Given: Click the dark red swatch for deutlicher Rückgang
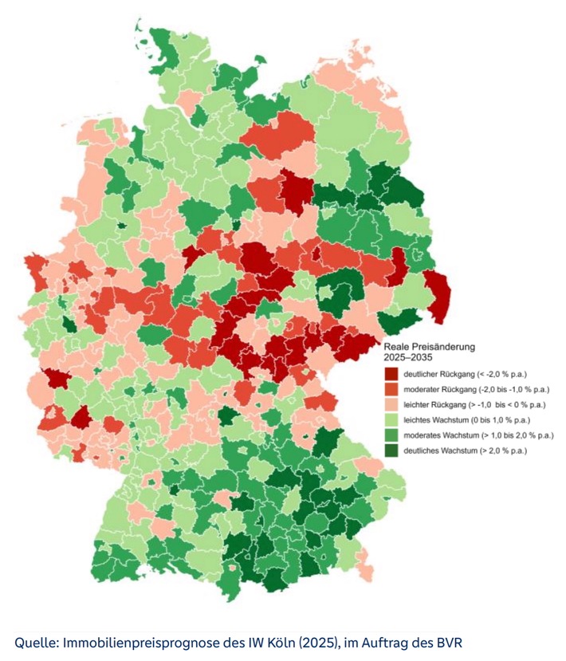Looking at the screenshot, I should [x=391, y=374].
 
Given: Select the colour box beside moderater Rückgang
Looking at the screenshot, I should [x=391, y=389].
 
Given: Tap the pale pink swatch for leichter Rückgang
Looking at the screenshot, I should [x=391, y=404].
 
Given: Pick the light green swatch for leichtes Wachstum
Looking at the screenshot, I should [x=391, y=419].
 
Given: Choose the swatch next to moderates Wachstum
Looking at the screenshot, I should [x=391, y=435].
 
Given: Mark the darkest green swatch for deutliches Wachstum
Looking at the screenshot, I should [x=391, y=451].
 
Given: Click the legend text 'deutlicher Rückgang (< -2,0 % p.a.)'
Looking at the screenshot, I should [x=468, y=374].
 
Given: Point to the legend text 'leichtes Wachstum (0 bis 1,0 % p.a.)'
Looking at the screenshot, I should [x=468, y=419].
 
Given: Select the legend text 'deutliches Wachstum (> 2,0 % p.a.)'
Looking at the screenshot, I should [x=465, y=451].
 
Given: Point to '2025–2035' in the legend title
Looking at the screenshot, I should [x=407, y=358].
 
